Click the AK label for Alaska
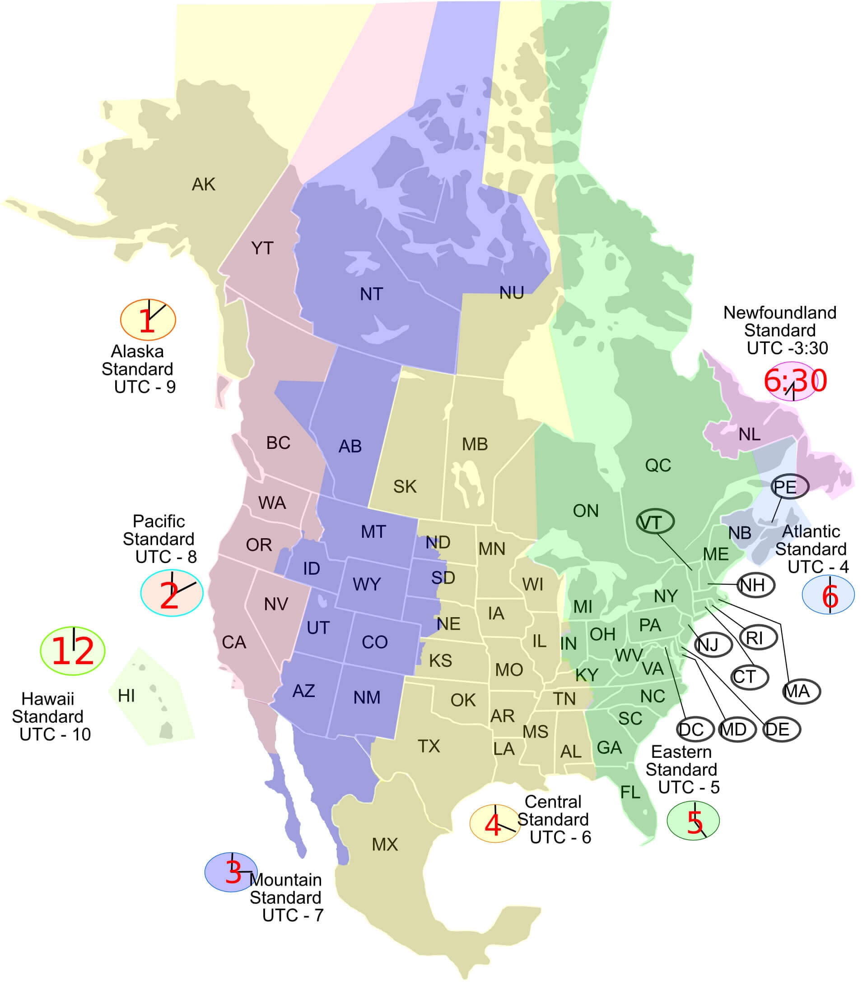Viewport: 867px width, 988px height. pyautogui.click(x=203, y=184)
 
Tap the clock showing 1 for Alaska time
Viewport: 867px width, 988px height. pyautogui.click(x=148, y=319)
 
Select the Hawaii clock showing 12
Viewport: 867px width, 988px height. pyautogui.click(x=73, y=651)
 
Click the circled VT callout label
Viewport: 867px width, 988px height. pyautogui.click(x=655, y=522)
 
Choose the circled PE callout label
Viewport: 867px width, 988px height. pyautogui.click(x=790, y=486)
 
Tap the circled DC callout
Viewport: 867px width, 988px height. pyautogui.click(x=695, y=729)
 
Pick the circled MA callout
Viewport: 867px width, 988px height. pyautogui.click(x=801, y=691)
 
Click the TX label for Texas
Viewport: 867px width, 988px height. pyautogui.click(x=429, y=746)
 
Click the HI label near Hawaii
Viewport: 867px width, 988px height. pyautogui.click(x=126, y=696)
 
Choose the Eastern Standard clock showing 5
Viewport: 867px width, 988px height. pyautogui.click(x=693, y=820)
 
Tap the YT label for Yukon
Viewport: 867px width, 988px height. pyautogui.click(x=262, y=248)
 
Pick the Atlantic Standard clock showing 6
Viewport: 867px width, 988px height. pyautogui.click(x=828, y=595)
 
